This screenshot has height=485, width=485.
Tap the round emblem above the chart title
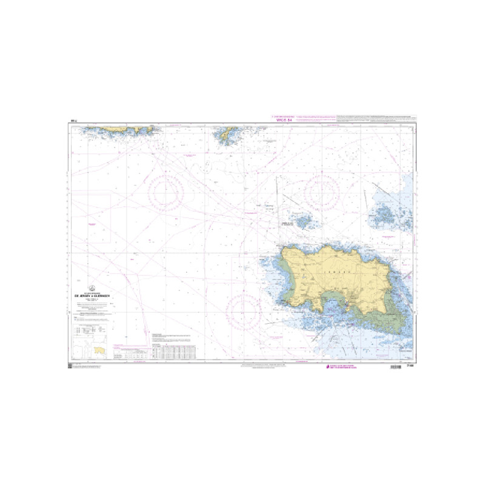(x=92, y=289)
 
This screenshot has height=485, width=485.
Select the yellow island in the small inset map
(x=99, y=350)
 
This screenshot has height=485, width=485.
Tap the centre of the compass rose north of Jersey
(x=321, y=193)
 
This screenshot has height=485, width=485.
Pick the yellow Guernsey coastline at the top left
(x=121, y=129)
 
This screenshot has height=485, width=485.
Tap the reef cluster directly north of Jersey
(x=303, y=221)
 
